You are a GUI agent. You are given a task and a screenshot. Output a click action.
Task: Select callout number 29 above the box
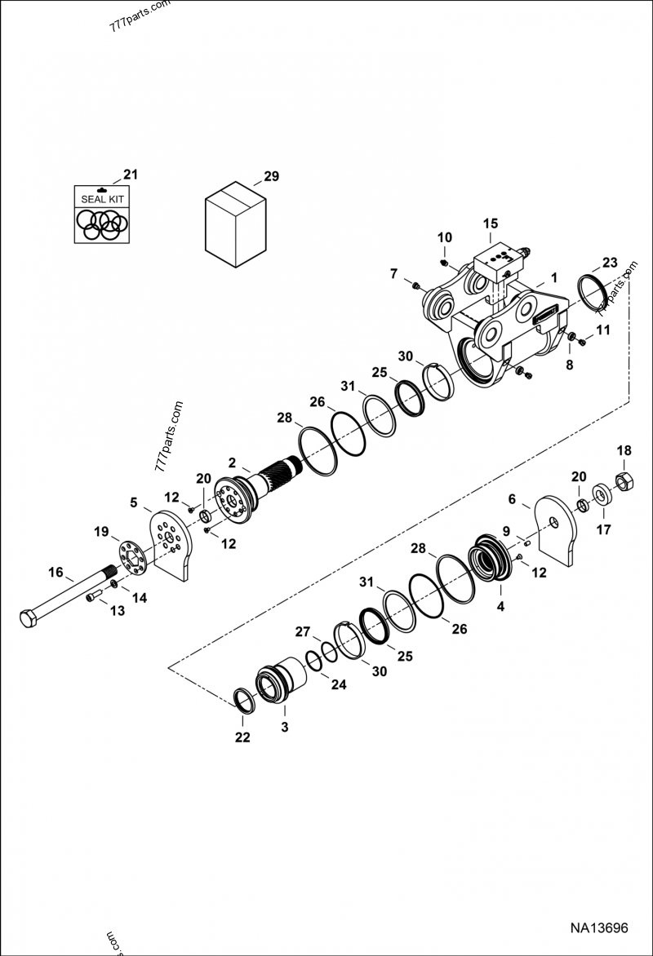point(271,176)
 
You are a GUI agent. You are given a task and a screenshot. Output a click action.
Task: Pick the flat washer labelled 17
point(602,494)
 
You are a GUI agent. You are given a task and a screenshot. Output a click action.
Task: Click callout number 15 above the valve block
point(490,224)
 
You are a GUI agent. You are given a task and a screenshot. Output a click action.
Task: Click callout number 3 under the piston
point(285,727)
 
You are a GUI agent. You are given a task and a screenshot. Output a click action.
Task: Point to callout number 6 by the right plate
point(512,498)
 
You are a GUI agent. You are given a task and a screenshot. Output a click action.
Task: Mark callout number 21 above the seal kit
point(131,174)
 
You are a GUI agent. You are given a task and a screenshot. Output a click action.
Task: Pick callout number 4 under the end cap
point(500,606)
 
